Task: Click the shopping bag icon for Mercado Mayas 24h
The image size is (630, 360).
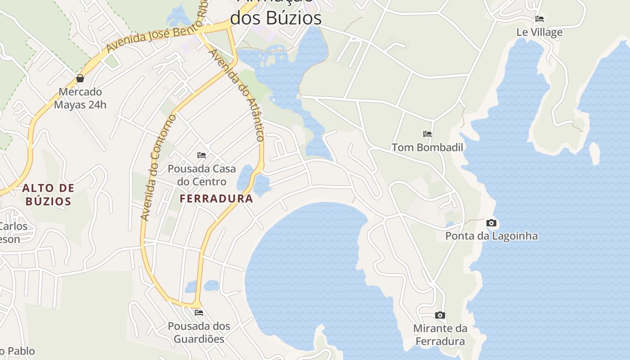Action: point(80,78)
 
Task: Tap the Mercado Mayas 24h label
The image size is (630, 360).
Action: point(80,98)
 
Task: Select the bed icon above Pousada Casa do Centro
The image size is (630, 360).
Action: point(202,155)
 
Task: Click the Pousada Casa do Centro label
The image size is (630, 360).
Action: point(202,175)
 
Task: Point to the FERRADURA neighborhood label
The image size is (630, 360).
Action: point(216,198)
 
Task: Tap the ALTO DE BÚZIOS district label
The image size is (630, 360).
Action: point(48,194)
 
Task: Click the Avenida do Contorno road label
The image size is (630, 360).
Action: point(157,167)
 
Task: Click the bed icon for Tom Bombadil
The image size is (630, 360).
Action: point(427,134)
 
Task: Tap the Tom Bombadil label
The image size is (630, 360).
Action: point(427,147)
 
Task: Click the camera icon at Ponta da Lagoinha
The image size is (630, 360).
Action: point(491,223)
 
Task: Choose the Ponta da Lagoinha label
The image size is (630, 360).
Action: point(491,236)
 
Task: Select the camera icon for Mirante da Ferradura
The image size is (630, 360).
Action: point(440,315)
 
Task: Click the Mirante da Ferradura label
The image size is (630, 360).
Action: point(440,335)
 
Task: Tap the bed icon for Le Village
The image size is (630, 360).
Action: point(539,19)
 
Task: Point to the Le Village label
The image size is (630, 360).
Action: point(539,32)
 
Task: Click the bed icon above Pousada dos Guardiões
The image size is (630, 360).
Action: point(199,312)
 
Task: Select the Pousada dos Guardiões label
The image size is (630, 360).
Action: point(199,332)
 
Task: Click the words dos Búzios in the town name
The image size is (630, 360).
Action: point(276,18)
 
